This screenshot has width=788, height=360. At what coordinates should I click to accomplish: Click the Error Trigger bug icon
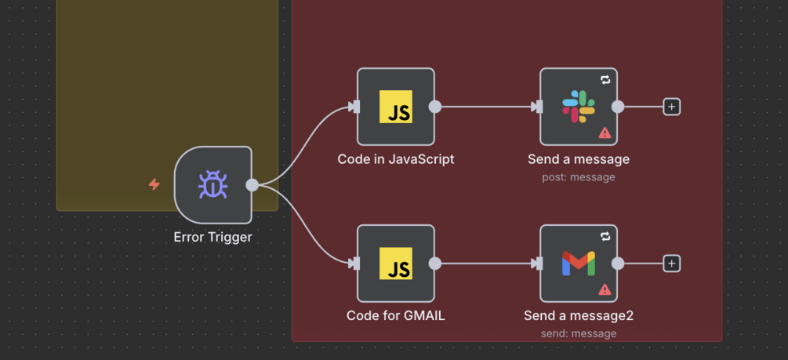pyautogui.click(x=212, y=185)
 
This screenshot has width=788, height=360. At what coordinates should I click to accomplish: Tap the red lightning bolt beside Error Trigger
pyautogui.click(x=154, y=184)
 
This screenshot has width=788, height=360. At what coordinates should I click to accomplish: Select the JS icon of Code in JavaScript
pyautogui.click(x=396, y=107)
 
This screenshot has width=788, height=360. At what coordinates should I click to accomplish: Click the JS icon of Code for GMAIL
pyautogui.click(x=396, y=264)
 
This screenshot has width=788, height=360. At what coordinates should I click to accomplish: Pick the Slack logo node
pyautogui.click(x=579, y=107)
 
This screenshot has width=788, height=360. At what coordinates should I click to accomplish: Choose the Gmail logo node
pyautogui.click(x=579, y=264)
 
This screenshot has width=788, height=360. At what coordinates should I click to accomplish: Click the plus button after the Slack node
pyautogui.click(x=672, y=107)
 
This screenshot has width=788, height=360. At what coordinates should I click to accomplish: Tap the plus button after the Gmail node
pyautogui.click(x=672, y=264)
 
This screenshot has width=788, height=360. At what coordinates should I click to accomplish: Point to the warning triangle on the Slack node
pyautogui.click(x=605, y=133)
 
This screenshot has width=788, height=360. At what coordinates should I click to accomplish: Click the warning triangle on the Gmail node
pyautogui.click(x=605, y=289)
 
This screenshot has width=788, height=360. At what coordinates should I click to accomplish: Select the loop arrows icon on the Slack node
pyautogui.click(x=605, y=80)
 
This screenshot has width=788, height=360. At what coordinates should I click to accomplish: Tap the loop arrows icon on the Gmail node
pyautogui.click(x=605, y=237)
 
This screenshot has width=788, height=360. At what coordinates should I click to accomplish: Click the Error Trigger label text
pyautogui.click(x=212, y=237)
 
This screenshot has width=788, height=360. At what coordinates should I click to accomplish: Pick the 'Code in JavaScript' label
pyautogui.click(x=396, y=159)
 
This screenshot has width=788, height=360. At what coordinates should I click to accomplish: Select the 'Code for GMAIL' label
pyautogui.click(x=396, y=316)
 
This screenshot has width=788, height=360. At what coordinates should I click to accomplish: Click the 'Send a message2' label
pyautogui.click(x=579, y=316)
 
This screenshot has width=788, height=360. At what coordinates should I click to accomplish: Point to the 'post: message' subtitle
pyautogui.click(x=579, y=177)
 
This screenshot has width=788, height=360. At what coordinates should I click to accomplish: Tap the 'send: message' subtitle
pyautogui.click(x=579, y=334)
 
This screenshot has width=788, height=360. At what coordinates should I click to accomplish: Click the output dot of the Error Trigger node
pyautogui.click(x=252, y=185)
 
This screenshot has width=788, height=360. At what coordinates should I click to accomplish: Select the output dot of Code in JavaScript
pyautogui.click(x=435, y=107)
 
